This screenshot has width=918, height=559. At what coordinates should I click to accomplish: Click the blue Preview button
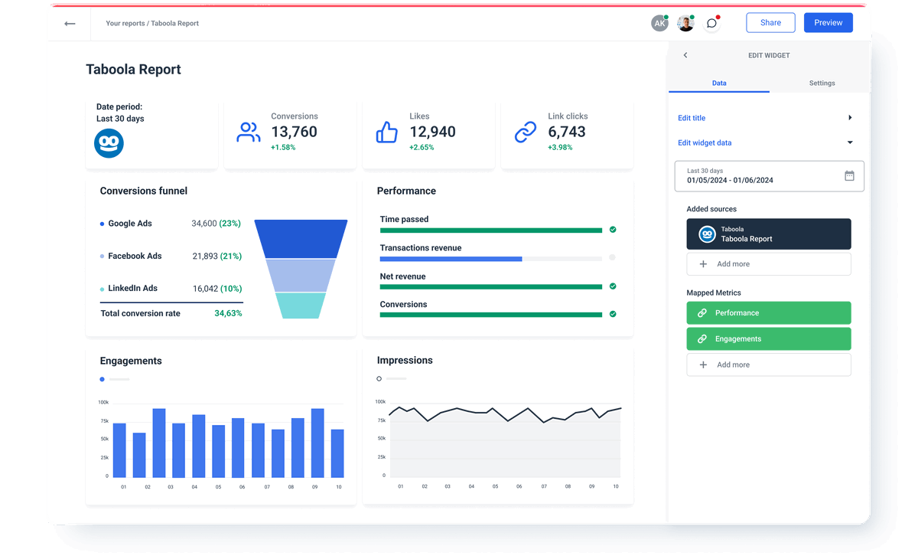828,23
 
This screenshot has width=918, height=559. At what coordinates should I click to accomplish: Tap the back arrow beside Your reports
70,24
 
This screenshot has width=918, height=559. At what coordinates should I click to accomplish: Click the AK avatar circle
659,24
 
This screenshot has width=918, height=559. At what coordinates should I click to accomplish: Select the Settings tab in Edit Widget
822,83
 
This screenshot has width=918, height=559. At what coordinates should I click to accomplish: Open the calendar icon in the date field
849,176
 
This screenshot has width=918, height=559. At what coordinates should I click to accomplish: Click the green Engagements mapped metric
768,338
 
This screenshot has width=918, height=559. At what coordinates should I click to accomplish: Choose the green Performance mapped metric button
768,312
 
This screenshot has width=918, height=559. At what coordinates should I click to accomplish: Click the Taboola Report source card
768,234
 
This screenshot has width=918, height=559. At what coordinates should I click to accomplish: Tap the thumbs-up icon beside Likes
387,132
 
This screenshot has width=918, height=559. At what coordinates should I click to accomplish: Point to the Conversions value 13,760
294,132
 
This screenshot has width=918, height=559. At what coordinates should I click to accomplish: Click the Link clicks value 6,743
566,132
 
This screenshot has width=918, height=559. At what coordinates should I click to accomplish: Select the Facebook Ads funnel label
135,256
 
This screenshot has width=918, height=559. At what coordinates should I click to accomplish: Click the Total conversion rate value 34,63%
228,313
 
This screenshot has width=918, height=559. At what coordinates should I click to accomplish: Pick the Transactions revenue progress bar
490,259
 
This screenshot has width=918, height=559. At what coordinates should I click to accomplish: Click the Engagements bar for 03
159,443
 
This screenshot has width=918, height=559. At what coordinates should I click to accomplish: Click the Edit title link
692,118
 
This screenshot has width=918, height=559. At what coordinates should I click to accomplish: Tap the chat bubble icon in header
711,24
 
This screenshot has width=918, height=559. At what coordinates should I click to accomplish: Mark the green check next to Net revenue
613,286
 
